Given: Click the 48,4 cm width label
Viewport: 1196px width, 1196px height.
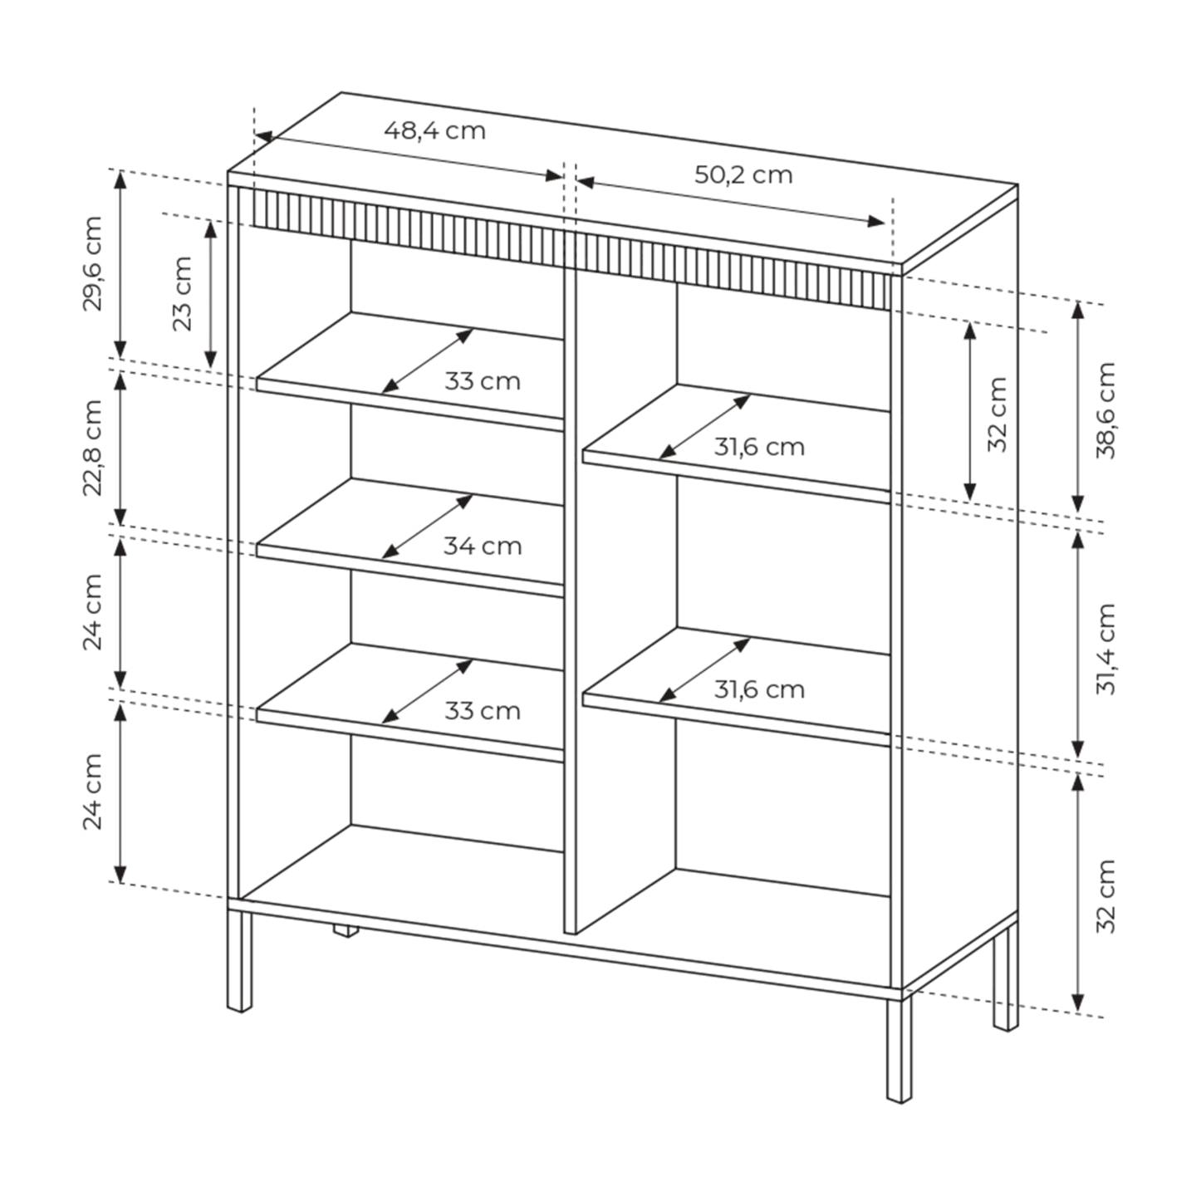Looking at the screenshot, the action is click(434, 131).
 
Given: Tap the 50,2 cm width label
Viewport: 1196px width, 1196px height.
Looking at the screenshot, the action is click(743, 175).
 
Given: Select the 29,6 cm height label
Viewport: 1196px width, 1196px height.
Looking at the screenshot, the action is click(92, 263).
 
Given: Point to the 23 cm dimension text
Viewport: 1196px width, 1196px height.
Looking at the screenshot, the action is click(183, 293).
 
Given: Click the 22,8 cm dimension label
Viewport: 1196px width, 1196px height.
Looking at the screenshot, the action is click(92, 448).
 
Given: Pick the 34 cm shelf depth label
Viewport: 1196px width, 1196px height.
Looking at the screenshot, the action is click(483, 547).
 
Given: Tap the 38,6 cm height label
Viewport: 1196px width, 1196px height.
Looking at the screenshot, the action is click(1106, 410).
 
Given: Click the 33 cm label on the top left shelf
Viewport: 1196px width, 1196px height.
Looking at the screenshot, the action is click(483, 381).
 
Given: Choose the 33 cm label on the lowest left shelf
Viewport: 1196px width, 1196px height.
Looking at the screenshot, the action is click(483, 711).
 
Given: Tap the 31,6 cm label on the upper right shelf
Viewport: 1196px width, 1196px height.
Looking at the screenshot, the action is click(759, 447).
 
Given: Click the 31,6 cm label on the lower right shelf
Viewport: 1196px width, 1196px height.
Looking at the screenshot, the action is click(759, 689).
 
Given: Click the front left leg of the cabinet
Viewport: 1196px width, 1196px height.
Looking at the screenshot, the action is click(240, 961).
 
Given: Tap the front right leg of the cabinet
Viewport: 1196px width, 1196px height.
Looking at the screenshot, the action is click(899, 1051).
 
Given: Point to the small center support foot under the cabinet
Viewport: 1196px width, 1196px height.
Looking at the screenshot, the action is click(345, 930).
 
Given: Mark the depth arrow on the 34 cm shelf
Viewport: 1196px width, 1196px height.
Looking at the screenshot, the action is click(427, 527).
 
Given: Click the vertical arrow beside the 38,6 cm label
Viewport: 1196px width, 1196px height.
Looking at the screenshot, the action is click(1078, 407).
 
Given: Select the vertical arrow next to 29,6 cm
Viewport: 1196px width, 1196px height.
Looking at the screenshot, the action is click(121, 264).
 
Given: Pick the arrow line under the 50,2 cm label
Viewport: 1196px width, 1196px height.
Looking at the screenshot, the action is click(731, 203).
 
